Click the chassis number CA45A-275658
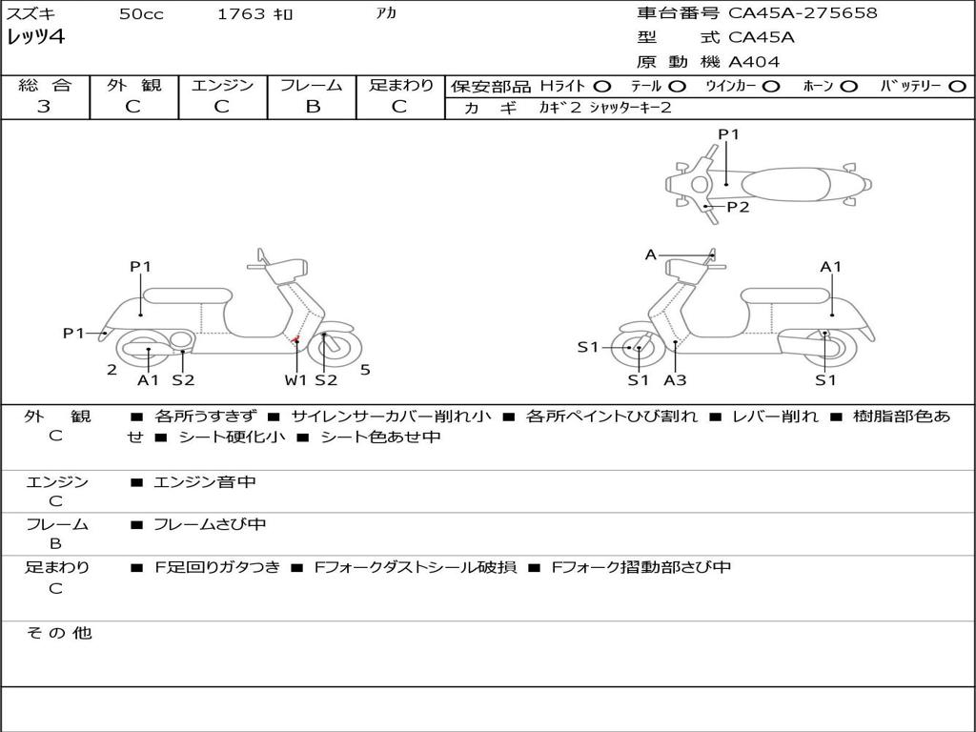tap(803, 12)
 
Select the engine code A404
tap(753, 62)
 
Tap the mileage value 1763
tap(241, 13)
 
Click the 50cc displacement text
tap(141, 13)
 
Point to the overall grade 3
tap(44, 106)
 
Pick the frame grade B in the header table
tap(313, 107)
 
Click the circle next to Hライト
tap(602, 87)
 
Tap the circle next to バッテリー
tap(958, 87)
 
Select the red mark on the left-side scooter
tap(296, 340)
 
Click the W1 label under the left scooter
tap(295, 379)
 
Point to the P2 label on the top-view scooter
tap(739, 207)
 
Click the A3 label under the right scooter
tap(676, 379)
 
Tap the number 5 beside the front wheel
tap(365, 370)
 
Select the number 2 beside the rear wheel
tap(112, 370)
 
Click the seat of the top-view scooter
tap(785, 184)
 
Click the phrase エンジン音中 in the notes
tap(205, 481)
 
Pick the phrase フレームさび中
tap(210, 524)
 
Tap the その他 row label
tap(59, 633)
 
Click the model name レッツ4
tap(35, 37)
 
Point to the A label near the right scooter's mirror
tap(650, 254)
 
